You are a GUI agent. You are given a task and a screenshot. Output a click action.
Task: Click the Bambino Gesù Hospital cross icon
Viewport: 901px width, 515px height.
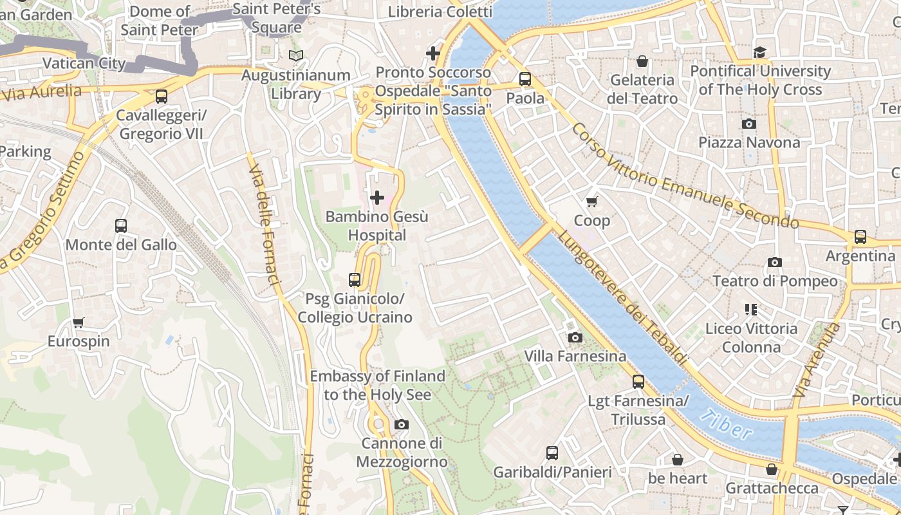[377, 198]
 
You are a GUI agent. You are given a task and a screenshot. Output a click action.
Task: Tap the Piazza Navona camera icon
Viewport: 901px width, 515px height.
[749, 124]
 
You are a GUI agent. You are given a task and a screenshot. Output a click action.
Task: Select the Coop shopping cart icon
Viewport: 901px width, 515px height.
[592, 201]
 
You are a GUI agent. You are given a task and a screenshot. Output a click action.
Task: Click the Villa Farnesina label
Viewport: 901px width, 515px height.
[575, 356]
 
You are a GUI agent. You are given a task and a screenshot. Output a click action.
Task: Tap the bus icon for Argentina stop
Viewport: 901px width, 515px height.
[860, 237]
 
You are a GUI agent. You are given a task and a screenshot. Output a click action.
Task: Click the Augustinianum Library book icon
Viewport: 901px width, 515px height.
[295, 56]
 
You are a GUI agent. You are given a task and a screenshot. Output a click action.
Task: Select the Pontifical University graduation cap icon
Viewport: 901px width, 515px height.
[760, 52]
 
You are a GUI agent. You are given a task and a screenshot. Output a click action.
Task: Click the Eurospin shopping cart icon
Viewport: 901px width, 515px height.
[79, 323]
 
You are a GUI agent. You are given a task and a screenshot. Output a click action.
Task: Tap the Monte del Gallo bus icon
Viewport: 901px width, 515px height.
[121, 226]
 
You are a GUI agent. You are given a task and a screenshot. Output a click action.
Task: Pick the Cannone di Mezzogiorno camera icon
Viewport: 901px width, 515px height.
[402, 424]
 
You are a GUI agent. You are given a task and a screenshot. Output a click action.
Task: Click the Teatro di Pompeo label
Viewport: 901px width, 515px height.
[775, 281]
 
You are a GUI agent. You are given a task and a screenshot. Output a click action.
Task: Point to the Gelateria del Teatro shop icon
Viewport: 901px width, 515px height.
[642, 62]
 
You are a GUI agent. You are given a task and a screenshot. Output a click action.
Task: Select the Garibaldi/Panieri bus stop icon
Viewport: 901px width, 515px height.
[552, 453]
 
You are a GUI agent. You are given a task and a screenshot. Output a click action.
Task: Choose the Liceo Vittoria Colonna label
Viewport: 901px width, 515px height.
[750, 338]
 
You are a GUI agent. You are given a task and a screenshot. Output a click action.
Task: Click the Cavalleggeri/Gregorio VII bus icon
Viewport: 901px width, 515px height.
[162, 97]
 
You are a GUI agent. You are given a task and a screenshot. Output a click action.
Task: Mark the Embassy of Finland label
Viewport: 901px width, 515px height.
[377, 385]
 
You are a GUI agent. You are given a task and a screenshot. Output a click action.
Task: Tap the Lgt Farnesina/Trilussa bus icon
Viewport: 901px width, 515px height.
[638, 382]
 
